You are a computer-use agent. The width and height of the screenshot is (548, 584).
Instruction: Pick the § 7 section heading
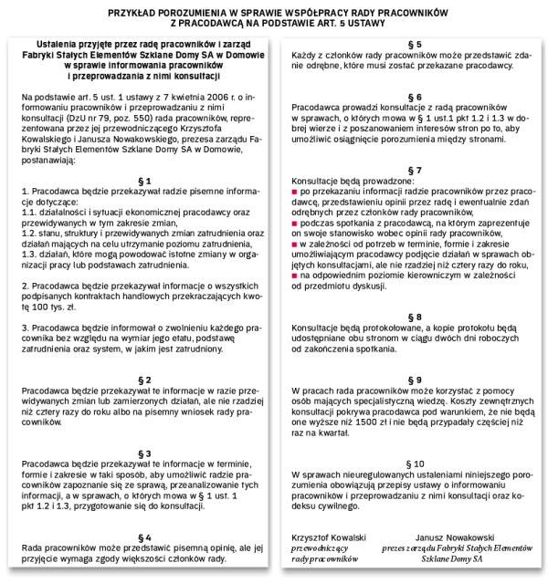414,171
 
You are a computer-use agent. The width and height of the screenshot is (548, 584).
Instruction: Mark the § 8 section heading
414,316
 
